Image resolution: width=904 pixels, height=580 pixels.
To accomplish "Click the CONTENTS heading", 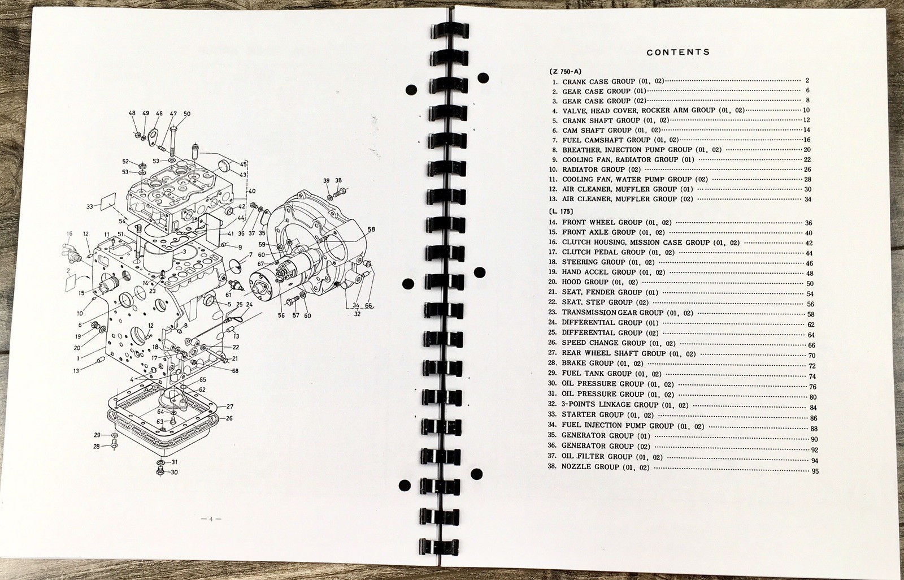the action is [x=678, y=52].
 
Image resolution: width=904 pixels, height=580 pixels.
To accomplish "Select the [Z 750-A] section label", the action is [x=565, y=71].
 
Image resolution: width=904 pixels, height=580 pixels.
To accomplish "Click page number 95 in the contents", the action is [x=815, y=471].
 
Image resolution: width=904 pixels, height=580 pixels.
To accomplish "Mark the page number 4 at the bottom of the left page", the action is [x=211, y=520].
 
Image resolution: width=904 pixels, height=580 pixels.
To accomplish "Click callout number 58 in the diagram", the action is [x=371, y=230].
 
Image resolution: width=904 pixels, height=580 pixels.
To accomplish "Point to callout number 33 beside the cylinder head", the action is [x=90, y=206].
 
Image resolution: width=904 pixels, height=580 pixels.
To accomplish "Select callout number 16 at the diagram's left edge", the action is [x=69, y=233].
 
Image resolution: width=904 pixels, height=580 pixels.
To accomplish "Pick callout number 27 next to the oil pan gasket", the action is [x=229, y=406].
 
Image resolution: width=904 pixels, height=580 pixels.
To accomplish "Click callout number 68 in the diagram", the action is [x=235, y=371].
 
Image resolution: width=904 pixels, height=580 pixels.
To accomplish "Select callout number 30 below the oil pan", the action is [x=174, y=472].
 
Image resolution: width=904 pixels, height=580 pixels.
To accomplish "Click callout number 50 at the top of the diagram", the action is [x=186, y=114].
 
